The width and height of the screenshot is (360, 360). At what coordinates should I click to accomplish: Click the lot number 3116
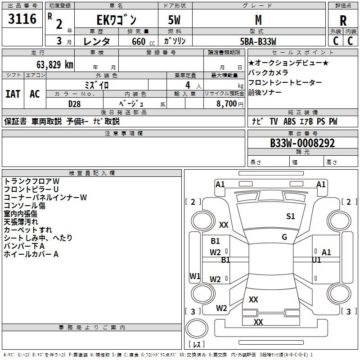coord(22,19)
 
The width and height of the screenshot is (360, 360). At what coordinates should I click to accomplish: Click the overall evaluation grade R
coord(343,21)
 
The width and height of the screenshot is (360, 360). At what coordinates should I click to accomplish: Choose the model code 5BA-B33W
coord(258,41)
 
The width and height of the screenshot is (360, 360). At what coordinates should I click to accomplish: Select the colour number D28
coord(74,103)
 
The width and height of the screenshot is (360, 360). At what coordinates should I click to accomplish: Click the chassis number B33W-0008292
coord(302,143)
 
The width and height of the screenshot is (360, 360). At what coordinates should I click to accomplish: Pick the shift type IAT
coord(13,94)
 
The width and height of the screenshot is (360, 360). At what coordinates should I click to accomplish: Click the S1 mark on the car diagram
coord(291,216)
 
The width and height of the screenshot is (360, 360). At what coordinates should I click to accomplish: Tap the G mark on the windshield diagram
coord(284,237)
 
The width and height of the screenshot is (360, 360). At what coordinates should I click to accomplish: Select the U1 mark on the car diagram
coord(316,260)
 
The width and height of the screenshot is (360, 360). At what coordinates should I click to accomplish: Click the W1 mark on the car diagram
coord(195,276)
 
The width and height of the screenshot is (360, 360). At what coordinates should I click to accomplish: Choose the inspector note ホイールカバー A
coord(31,254)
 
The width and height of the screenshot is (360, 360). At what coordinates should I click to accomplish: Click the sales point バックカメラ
coord(268,72)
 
